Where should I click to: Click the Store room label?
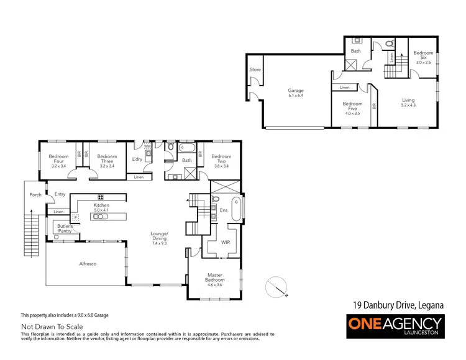pos(255,70)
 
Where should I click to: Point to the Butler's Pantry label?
pos(65,228)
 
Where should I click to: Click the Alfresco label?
pos(87,264)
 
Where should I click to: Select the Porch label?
pos(35,194)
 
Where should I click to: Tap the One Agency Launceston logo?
pos(395,325)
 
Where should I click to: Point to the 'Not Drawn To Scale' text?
pos(52,326)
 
